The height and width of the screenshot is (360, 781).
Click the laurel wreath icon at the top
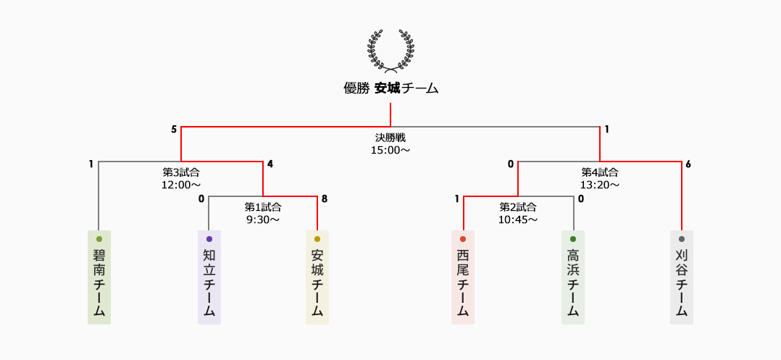coord(390,51)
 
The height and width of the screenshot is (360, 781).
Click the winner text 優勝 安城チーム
coord(390,88)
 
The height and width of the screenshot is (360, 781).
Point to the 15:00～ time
coord(390,150)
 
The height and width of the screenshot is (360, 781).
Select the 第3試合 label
coord(180,172)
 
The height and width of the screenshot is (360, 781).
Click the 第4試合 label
coord(600,172)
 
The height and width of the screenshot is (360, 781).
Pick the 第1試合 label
coord(263,206)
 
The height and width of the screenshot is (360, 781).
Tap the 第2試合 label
coord(518,206)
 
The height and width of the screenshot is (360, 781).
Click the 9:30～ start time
coord(263,219)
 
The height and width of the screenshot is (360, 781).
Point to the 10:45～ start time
coord(518,219)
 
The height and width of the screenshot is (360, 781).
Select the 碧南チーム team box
coord(99,277)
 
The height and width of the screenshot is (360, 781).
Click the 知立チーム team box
coord(209,277)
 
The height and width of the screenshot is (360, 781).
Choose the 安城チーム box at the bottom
coord(317,277)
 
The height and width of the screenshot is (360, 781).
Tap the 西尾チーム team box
coord(463,277)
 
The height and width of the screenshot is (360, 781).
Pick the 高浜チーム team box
coord(573,277)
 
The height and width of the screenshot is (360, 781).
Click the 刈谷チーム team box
coord(682,277)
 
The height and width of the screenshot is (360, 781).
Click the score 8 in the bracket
coord(325,198)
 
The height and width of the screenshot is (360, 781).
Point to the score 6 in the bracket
coord(688,164)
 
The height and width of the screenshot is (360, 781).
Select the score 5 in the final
coord(174,130)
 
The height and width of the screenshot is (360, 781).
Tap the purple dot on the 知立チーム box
coord(209,238)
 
